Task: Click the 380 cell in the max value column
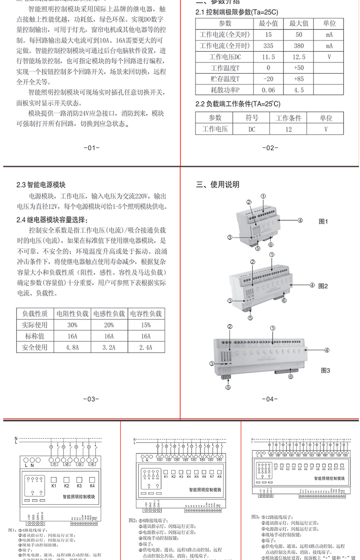coord(299,46)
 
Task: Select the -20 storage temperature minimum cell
coord(268,79)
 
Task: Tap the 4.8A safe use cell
coord(72,347)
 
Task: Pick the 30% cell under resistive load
coord(72,325)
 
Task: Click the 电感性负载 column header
coord(109,313)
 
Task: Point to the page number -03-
coord(91,399)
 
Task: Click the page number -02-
coord(270,148)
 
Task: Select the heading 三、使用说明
coord(218,184)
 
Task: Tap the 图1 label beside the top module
coord(323,221)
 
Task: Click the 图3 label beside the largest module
coord(325,370)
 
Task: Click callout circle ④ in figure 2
coord(312,285)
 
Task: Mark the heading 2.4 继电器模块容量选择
coord(52,220)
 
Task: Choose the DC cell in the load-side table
coord(252,129)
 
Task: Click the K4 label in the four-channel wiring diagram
coord(92,486)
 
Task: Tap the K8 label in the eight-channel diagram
coord(219,476)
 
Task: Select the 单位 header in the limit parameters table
coord(329,23)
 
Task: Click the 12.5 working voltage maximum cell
coord(299,57)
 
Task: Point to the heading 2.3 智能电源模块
coord(41,185)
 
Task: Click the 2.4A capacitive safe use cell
coord(146,347)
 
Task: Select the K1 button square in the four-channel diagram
coord(54,480)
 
